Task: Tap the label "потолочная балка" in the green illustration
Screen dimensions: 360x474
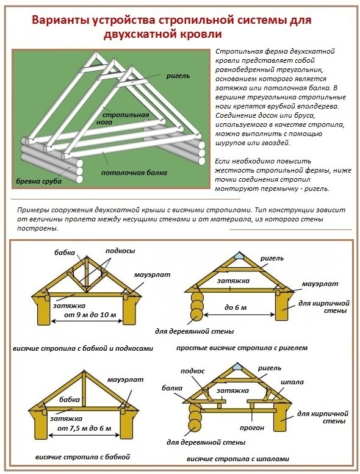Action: click(134, 173)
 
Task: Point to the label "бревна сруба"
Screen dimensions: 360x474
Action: click(38, 181)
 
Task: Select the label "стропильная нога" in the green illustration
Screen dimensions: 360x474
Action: click(125, 118)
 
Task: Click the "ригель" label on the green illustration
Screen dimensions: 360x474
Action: click(178, 76)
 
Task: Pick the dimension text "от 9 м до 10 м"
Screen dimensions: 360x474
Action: click(90, 315)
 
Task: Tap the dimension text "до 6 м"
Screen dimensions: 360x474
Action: click(235, 307)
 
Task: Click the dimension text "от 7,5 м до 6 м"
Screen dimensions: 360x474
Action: click(84, 428)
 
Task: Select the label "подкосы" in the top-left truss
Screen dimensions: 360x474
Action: click(120, 251)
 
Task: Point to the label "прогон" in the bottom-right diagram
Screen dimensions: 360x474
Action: click(251, 428)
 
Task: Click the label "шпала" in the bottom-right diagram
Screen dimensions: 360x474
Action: click(292, 382)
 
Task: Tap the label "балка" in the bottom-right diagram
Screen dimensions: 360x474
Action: click(171, 388)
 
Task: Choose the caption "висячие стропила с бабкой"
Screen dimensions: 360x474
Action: click(82, 457)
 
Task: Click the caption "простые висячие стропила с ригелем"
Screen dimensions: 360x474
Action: click(242, 348)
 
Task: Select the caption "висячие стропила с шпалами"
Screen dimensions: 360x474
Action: click(237, 459)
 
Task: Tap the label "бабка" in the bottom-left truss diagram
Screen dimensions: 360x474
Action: click(70, 400)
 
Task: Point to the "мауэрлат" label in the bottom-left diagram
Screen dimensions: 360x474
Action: click(125, 379)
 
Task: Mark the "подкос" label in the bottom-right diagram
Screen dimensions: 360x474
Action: click(193, 372)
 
